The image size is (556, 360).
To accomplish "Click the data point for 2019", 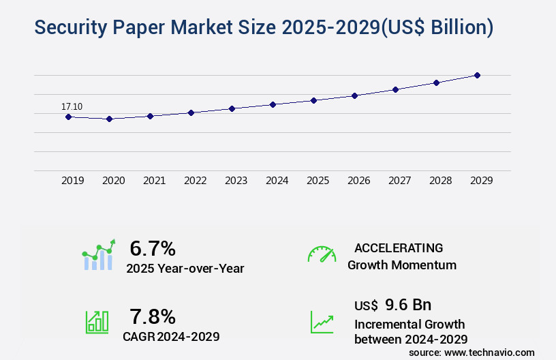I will (68, 117).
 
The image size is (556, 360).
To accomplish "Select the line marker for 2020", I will (109, 119).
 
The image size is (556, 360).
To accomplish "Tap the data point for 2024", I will (273, 104).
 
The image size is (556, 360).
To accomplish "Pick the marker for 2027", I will (395, 89).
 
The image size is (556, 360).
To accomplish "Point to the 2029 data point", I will (477, 75).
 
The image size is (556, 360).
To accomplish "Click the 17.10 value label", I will (72, 106).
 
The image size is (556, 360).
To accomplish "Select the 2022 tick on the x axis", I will (196, 181).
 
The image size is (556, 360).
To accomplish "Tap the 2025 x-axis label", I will (318, 181).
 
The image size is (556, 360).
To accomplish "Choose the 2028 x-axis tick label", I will (441, 181).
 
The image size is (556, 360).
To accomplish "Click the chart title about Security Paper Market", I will (264, 27).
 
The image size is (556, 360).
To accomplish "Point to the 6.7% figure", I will (153, 249).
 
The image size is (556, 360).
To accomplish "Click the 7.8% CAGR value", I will (153, 316).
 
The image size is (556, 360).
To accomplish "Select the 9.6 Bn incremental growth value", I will (408, 305).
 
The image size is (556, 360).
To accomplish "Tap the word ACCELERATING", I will (399, 247).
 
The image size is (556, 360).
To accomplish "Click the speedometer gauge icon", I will (322, 254).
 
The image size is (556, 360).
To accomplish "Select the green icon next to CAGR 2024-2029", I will (97, 322).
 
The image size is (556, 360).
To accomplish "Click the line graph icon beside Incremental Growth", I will (322, 322).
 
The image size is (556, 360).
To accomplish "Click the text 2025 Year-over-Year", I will (185, 269).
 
